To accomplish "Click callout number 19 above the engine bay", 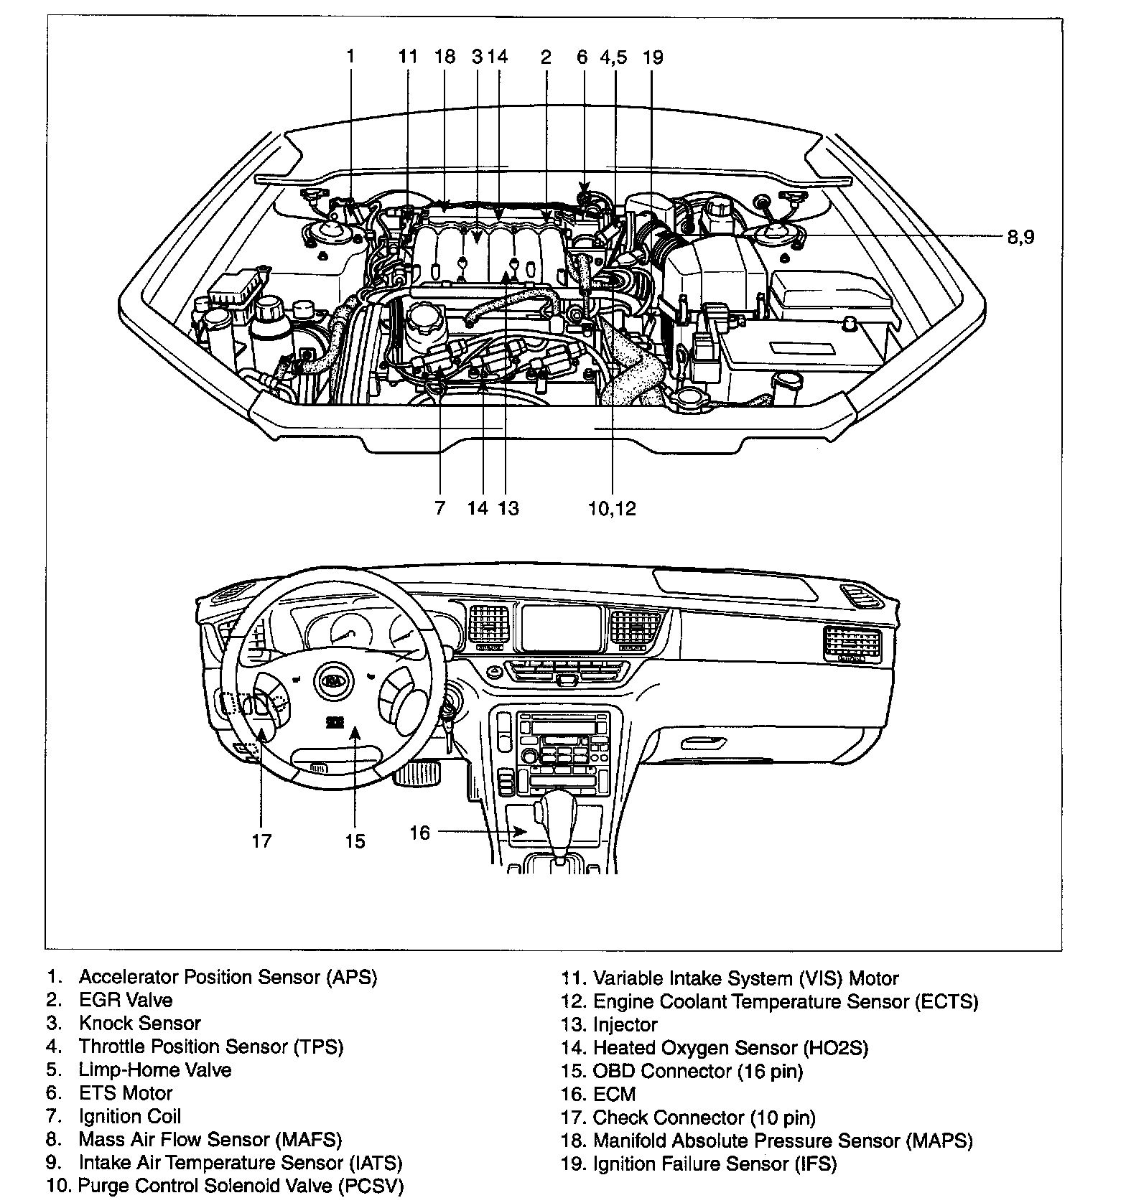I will click(653, 57).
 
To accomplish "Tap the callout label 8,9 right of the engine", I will click(1020, 237).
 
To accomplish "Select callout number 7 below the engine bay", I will click(439, 508).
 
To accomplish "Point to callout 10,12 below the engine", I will click(612, 508).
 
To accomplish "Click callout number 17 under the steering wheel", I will click(262, 841).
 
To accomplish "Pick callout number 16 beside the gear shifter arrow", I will click(419, 833).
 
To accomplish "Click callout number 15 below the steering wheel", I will click(355, 841).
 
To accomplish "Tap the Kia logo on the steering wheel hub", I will click(332, 680).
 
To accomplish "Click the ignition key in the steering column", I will click(448, 718).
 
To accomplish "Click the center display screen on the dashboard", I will click(560, 627).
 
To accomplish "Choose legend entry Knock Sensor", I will click(139, 1024).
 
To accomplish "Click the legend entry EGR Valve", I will click(126, 1000).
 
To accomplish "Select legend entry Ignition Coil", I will click(129, 1116).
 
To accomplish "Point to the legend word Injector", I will click(625, 1024).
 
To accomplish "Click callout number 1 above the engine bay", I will click(350, 57).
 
